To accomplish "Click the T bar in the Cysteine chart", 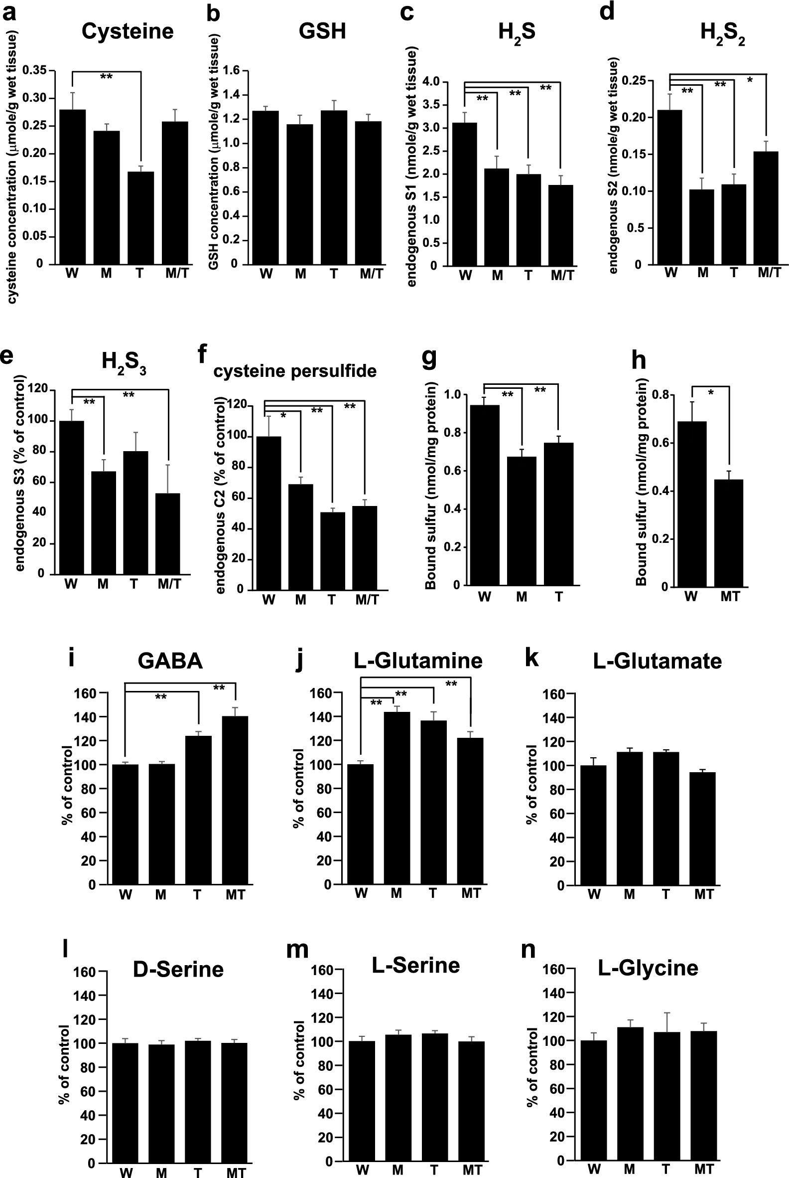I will click(x=140, y=217).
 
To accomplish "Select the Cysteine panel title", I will click(x=128, y=32).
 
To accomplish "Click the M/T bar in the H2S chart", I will click(x=559, y=225).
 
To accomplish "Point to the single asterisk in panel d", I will click(x=750, y=80).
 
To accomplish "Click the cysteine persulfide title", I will click(x=295, y=371).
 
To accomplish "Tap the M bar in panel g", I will click(x=522, y=521).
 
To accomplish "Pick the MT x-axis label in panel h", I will click(x=730, y=596).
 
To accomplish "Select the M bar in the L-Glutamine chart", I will click(x=396, y=798).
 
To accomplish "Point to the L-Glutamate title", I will click(x=657, y=661).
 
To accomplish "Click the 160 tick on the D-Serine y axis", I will click(x=85, y=972).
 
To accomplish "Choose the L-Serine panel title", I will click(x=415, y=966).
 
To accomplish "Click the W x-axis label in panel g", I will click(x=484, y=597).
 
